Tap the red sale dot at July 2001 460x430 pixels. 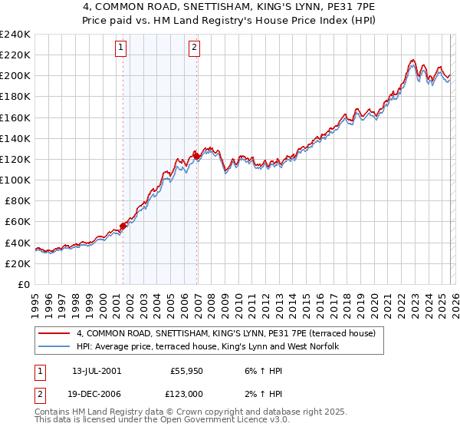click(123, 226)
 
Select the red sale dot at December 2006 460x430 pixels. click(196, 156)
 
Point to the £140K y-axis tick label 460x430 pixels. click(15, 138)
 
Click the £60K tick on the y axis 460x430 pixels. click(17, 221)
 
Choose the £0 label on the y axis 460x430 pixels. click(23, 284)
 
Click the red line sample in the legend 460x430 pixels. click(54, 334)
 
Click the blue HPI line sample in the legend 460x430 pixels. click(54, 347)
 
